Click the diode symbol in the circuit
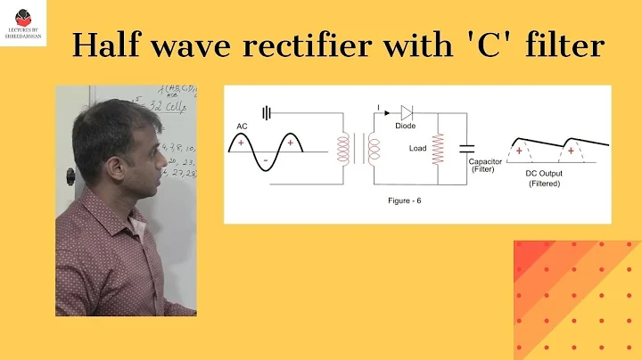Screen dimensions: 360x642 407,112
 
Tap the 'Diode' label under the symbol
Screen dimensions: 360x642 407,127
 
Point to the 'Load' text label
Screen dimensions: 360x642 418,148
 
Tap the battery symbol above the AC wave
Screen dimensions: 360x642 266,112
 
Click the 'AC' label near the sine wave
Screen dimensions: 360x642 242,127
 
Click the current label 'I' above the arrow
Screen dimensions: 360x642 377,106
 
